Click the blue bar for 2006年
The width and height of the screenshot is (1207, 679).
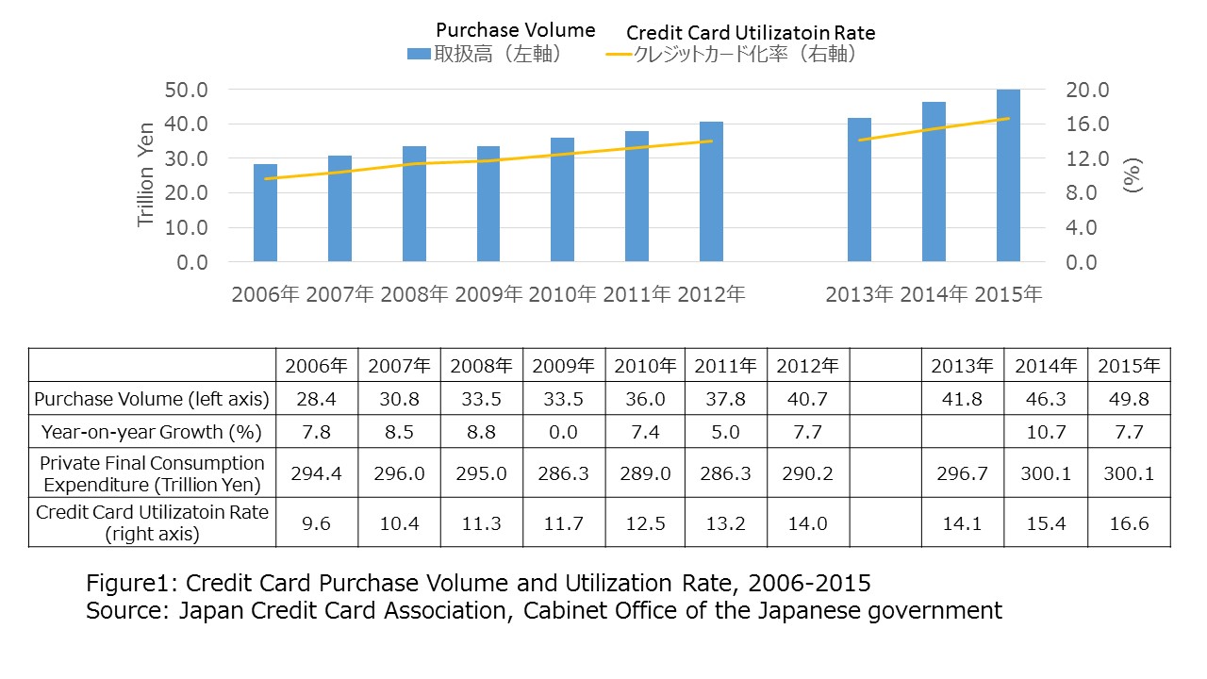click(265, 212)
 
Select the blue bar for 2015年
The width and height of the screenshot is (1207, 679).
click(1008, 175)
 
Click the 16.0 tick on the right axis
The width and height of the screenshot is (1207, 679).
click(1087, 124)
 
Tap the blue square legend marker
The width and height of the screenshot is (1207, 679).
click(419, 55)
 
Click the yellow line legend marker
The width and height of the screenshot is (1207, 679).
click(618, 55)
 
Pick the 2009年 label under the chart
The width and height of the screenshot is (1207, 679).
click(488, 294)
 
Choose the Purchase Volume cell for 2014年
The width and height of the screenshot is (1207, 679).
click(1045, 399)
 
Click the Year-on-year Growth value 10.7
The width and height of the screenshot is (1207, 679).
click(1045, 433)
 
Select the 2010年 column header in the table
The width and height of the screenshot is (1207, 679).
click(645, 365)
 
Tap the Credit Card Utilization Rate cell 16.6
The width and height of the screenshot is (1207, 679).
click(1129, 522)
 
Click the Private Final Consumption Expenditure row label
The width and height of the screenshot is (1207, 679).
click(152, 473)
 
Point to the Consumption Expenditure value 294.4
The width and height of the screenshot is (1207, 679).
click(316, 473)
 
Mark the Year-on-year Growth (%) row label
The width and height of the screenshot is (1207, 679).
click(152, 433)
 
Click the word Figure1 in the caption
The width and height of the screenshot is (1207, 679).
click(123, 582)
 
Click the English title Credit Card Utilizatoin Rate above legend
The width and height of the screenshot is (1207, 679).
click(751, 33)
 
